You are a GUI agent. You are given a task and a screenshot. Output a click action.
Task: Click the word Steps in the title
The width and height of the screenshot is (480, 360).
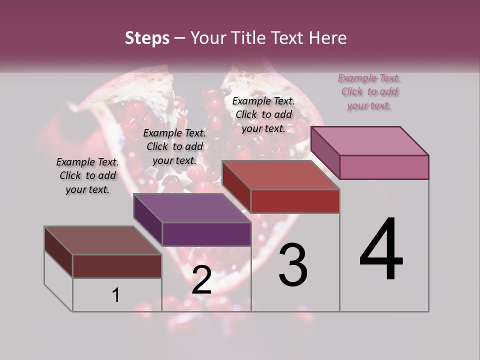tap(147, 38)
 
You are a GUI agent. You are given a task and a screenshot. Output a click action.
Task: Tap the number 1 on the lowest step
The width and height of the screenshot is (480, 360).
tap(116, 295)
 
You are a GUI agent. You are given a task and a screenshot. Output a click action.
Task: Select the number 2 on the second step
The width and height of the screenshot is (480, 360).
tap(201, 280)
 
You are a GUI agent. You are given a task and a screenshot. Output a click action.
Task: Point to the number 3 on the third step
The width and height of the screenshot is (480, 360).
tap(293, 265)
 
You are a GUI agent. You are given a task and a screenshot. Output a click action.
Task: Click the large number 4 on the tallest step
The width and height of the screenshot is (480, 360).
tap(381, 249)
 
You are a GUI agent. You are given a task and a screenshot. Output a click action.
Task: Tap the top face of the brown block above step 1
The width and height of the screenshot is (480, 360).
tap(102, 240)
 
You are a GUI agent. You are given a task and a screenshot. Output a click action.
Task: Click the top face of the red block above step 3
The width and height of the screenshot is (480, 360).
tap(280, 175)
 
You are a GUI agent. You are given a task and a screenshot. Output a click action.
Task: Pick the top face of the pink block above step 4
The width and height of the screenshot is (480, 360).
tap(370, 141)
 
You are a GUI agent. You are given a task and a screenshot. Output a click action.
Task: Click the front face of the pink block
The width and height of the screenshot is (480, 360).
tap(384, 167)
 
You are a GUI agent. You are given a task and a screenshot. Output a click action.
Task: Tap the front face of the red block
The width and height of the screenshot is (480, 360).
tap(295, 201)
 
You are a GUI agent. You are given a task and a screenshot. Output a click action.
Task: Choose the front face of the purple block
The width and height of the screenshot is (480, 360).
tap(206, 234)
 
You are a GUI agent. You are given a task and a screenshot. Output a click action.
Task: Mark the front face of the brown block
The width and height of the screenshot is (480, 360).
tap(117, 266)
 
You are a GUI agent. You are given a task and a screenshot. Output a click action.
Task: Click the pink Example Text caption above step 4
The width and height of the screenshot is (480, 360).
tap(369, 92)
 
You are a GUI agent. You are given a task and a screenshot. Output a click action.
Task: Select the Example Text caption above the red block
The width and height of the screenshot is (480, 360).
tap(263, 114)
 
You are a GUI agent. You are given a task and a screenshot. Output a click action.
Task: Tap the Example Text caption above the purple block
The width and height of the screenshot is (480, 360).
tap(174, 147)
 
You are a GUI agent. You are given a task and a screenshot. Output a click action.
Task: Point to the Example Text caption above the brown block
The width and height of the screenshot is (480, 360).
tap(87, 176)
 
